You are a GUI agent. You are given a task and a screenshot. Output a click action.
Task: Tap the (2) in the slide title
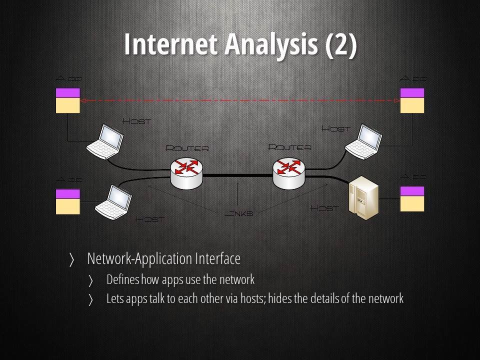click(x=341, y=44)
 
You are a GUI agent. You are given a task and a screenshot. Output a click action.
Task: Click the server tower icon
click(x=364, y=198)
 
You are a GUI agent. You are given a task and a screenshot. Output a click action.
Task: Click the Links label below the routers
click(x=239, y=213)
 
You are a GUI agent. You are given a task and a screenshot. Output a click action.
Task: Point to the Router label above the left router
click(x=187, y=148)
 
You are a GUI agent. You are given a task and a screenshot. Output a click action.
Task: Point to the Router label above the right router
click(x=289, y=147)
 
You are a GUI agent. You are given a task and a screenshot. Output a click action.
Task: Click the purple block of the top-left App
click(x=68, y=92)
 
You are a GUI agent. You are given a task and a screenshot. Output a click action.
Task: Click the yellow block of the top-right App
click(x=412, y=105)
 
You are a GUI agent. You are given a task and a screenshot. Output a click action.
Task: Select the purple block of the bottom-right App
click(x=412, y=191)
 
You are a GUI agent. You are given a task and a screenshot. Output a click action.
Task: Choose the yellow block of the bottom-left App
click(x=68, y=206)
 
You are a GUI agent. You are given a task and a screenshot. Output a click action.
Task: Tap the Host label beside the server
click(x=324, y=208)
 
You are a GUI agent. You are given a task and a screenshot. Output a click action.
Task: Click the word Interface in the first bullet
click(x=217, y=258)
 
